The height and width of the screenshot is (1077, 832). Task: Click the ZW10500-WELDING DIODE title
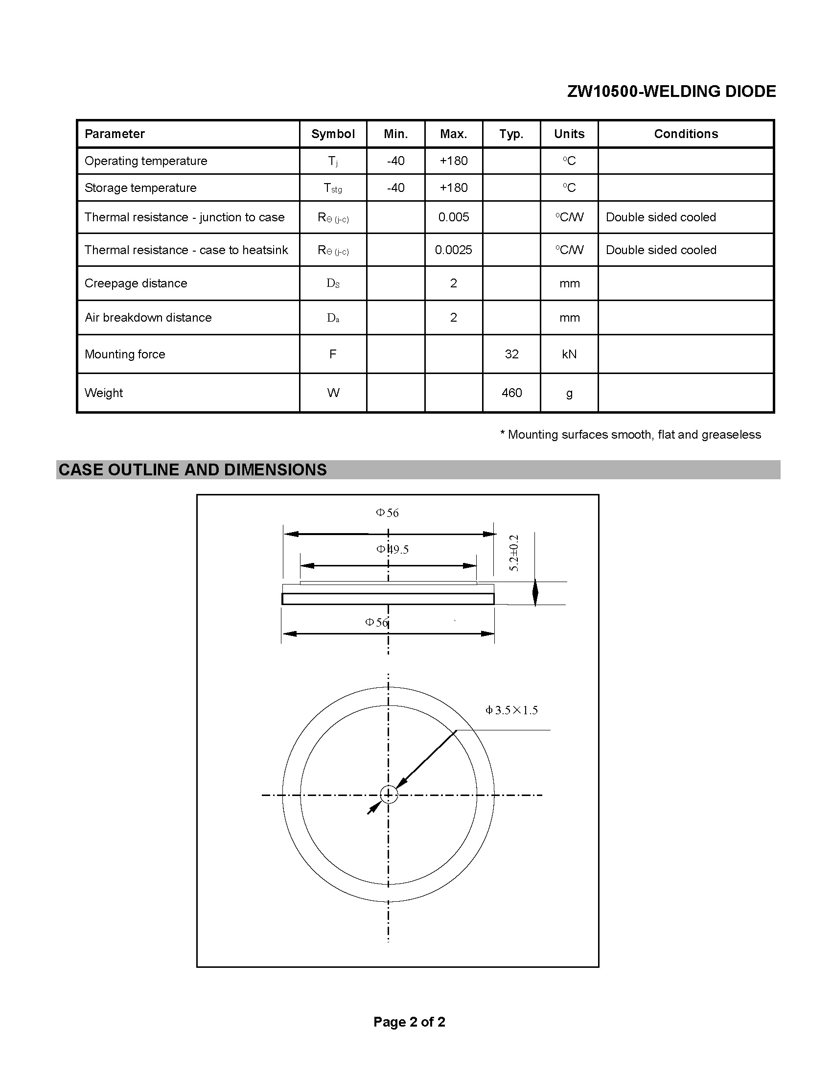click(671, 91)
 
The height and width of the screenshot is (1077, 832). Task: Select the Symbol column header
click(333, 134)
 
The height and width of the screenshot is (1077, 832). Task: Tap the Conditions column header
click(686, 134)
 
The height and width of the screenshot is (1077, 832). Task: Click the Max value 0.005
click(454, 217)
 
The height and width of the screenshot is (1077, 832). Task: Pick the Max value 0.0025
click(454, 250)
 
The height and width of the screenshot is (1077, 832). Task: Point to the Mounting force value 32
click(511, 354)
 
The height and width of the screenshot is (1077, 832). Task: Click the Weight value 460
click(511, 393)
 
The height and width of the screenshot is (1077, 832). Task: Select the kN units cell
click(569, 354)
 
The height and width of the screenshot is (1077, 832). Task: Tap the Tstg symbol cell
click(333, 188)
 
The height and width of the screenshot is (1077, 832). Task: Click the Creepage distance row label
click(136, 283)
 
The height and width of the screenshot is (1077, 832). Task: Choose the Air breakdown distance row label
click(148, 318)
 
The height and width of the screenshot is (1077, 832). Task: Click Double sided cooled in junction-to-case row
click(661, 217)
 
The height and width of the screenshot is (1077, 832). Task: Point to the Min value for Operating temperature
click(395, 161)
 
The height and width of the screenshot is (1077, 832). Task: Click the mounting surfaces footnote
click(630, 434)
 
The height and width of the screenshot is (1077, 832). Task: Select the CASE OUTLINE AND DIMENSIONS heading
click(192, 469)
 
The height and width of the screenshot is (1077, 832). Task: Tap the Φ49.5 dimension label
click(393, 549)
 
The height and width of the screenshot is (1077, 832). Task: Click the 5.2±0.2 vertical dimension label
click(514, 553)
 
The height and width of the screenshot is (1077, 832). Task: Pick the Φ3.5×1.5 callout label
click(511, 710)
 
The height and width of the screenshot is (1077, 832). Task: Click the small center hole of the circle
click(389, 795)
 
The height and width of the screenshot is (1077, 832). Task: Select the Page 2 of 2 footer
click(409, 1022)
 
